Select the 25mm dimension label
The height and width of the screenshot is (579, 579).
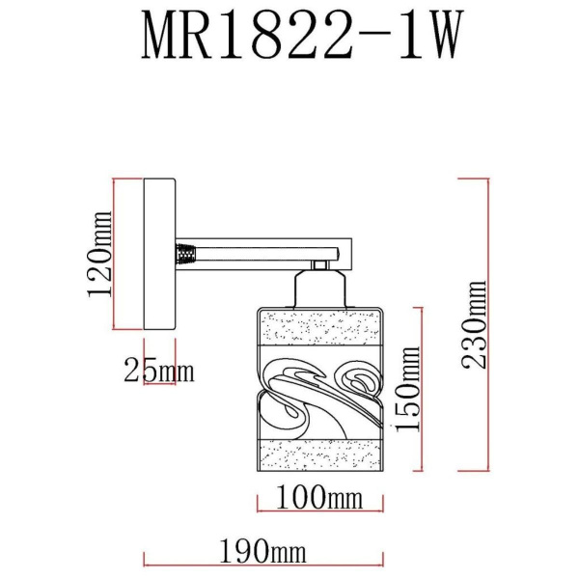pos(158,369)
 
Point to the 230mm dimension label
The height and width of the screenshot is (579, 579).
pos(476,325)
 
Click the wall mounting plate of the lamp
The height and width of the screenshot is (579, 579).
pos(158,255)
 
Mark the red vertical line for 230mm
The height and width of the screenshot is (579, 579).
pos(459,325)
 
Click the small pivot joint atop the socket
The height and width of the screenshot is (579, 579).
pos(317,262)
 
